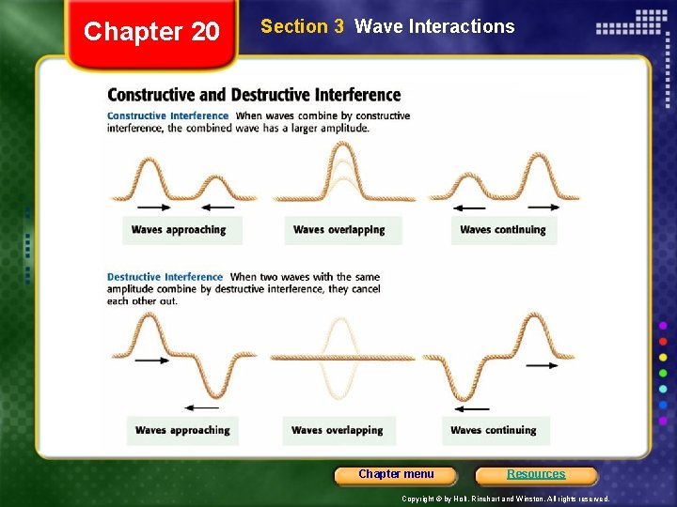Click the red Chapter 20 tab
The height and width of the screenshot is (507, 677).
[x=151, y=33]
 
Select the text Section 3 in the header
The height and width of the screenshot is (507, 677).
[x=302, y=26]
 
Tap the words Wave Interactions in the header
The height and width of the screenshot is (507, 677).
[x=434, y=26]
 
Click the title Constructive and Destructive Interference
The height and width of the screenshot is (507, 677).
[x=254, y=95]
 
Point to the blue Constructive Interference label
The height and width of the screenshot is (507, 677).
[x=168, y=115]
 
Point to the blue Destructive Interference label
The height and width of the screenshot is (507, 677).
[x=165, y=277]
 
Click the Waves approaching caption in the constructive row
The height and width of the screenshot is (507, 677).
[x=179, y=230]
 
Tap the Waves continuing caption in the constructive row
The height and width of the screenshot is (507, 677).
[x=502, y=230]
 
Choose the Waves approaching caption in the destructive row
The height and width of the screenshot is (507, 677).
[x=181, y=430]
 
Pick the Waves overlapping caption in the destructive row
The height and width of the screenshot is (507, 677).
[x=337, y=430]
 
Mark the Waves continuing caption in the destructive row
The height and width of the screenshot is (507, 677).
[x=493, y=430]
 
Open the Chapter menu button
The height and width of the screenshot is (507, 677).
[x=396, y=474]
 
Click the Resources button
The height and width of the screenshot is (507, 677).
[x=536, y=474]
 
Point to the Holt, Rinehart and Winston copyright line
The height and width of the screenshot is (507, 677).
[x=505, y=499]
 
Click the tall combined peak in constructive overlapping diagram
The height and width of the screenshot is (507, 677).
[x=342, y=150]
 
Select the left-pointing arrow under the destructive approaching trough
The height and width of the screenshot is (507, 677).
[x=201, y=407]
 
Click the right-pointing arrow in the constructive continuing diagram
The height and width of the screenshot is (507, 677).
[x=543, y=207]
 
